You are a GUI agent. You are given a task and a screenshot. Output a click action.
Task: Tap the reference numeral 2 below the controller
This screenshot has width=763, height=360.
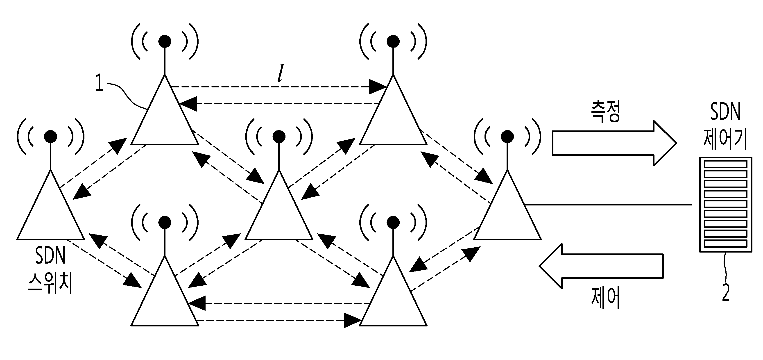[x=725, y=292]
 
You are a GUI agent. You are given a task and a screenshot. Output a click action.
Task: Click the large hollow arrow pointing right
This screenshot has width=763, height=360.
[x=613, y=143]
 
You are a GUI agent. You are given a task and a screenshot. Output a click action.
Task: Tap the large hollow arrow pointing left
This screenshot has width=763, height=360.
[x=601, y=266]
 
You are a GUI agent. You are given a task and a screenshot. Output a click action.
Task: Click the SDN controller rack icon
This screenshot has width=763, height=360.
[x=725, y=205]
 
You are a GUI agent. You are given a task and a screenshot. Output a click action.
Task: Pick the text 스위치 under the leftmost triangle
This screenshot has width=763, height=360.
[x=50, y=284]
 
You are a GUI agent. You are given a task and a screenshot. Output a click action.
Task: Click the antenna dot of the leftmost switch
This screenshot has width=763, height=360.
[x=50, y=136]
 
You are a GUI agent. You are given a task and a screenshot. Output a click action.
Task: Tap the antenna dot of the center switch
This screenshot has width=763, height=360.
[x=279, y=136]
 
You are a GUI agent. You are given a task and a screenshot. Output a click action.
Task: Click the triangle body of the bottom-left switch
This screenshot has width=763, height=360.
[x=165, y=299]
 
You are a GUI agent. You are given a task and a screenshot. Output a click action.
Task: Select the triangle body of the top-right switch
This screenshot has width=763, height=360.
[x=393, y=118]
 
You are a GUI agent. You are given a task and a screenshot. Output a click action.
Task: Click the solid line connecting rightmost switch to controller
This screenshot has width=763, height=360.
[x=607, y=205]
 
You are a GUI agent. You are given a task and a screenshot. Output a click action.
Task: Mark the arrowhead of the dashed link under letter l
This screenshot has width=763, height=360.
[x=378, y=87]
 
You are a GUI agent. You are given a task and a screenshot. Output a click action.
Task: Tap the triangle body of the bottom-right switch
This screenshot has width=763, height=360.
[x=393, y=299]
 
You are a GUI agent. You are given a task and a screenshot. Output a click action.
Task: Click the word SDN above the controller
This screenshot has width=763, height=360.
[x=725, y=112]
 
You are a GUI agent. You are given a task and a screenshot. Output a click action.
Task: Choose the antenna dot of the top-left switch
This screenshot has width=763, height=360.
[x=165, y=41]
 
